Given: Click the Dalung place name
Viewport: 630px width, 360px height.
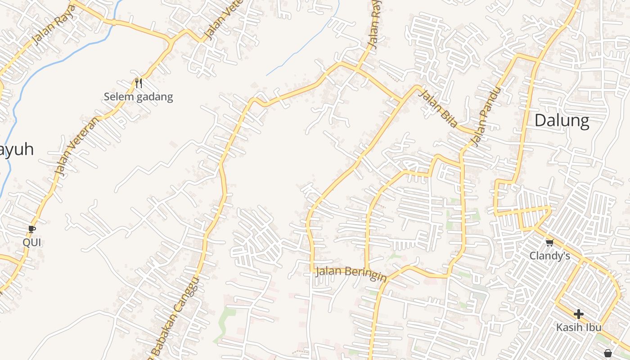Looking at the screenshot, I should coord(562,121).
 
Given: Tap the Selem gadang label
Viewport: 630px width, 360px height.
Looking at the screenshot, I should coord(138,97).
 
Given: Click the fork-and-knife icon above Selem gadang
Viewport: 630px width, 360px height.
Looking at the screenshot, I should coord(139,83).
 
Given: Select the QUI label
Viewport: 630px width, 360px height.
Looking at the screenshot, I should coord(32,243).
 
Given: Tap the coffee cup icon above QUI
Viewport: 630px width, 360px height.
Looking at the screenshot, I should coord(32,229).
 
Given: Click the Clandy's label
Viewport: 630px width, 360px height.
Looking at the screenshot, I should coord(549,256).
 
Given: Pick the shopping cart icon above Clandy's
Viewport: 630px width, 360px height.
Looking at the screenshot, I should coord(549,243).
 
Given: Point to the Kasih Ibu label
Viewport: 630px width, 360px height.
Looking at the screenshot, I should coord(579,327).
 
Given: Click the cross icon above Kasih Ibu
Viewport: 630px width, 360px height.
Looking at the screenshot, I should coord(579,314).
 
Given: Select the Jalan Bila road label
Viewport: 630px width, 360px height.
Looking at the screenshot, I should coord(438,108).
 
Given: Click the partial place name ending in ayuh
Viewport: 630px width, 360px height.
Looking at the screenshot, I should coord(17,150).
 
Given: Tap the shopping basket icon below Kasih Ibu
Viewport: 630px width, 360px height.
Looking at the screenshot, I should coord(607,353).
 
